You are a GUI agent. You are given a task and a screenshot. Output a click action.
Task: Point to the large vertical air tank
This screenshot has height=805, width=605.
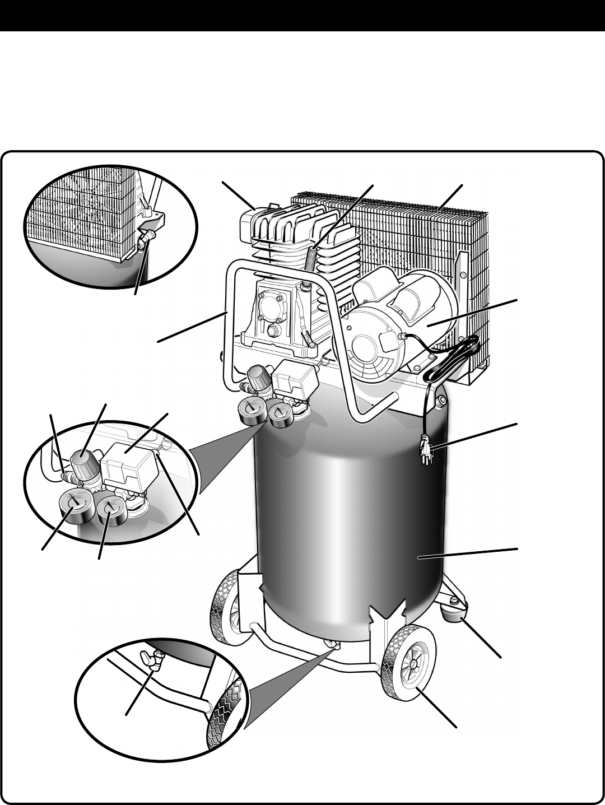point(347,504)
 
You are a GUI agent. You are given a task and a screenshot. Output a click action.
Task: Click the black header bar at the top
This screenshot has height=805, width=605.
point(302,15)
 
